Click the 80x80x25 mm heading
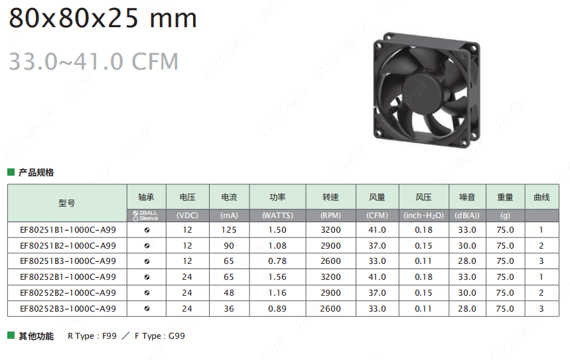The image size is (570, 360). coord(102,18)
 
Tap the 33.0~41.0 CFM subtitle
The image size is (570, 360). coord(94,61)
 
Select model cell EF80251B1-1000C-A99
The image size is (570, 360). coord(68,230)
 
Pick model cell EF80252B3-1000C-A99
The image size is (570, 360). coord(68,309)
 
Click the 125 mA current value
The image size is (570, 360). coord(229,230)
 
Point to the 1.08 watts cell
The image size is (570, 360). coord(277,245)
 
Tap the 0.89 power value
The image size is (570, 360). coord(277,309)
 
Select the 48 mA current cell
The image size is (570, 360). coord(229,293)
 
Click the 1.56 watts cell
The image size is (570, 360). coord(277,277)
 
